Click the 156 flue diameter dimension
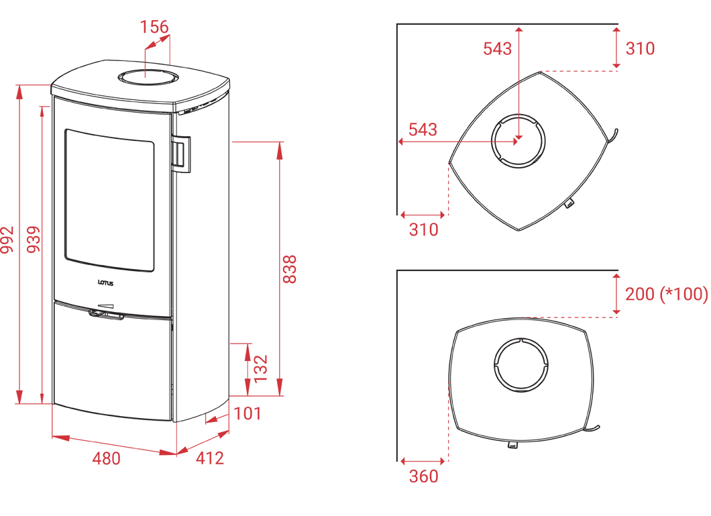(154, 27)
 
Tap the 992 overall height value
(7, 240)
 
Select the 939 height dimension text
(34, 240)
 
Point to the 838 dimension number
(289, 269)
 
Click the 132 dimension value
(261, 368)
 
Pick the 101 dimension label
(248, 413)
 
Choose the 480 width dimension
(107, 458)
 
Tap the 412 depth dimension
(210, 458)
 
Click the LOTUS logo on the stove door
(106, 283)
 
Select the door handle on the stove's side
(181, 154)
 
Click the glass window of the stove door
(109, 201)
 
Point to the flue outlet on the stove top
(146, 77)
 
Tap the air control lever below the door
(107, 313)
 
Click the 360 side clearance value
(423, 476)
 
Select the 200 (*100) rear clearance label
(667, 294)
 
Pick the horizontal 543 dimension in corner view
(423, 130)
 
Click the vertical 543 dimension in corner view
(498, 48)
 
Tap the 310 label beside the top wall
(641, 48)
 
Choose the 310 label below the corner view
(423, 230)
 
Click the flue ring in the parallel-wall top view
(521, 365)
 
